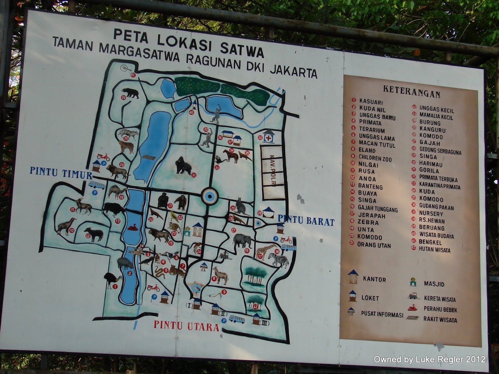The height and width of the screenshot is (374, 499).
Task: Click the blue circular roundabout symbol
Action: [x=209, y=196]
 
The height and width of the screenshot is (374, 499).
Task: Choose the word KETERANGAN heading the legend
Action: [x=411, y=92]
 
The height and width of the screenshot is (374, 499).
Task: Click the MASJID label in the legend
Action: [x=434, y=284]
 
